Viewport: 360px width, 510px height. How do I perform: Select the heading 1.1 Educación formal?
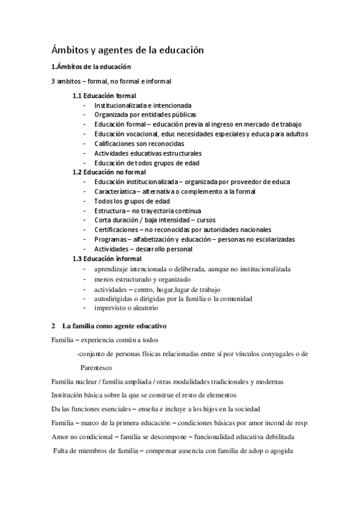[x=104, y=96]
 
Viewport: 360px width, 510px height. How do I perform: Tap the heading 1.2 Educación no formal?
[x=109, y=172]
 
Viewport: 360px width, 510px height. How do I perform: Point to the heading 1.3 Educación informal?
[x=107, y=259]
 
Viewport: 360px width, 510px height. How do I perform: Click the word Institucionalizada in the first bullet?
[x=118, y=105]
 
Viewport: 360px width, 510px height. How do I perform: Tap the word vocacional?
[x=139, y=134]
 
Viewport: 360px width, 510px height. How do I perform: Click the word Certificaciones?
[x=117, y=230]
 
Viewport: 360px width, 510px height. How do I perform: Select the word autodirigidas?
[x=115, y=298]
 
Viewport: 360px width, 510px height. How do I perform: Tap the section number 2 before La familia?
[x=53, y=326]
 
